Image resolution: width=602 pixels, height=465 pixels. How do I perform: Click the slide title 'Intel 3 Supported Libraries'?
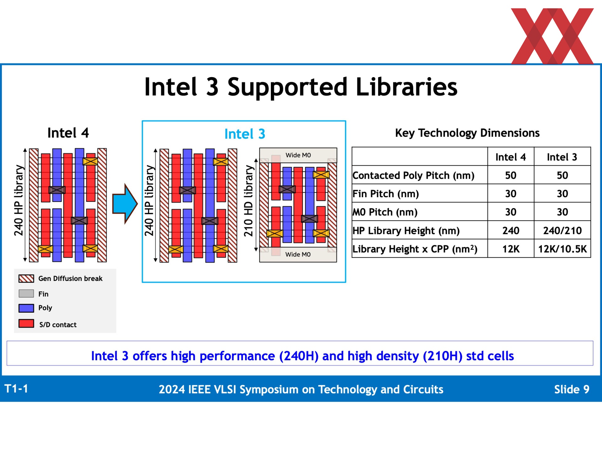click(x=301, y=87)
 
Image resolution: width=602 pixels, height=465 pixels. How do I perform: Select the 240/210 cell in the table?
click(x=562, y=231)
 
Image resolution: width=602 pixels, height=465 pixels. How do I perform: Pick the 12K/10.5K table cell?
click(x=562, y=249)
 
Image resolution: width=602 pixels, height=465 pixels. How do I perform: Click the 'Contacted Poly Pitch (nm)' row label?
click(x=413, y=176)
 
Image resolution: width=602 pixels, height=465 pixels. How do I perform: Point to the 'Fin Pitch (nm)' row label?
click(x=386, y=194)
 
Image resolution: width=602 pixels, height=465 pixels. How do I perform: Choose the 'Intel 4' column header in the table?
click(x=510, y=157)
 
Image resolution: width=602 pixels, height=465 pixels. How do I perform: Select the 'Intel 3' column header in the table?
click(x=562, y=157)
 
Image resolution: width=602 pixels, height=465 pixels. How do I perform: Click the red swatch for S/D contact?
click(x=26, y=323)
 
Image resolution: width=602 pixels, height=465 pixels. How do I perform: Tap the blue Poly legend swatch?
click(x=26, y=308)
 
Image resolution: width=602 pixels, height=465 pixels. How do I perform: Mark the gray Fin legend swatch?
click(x=26, y=293)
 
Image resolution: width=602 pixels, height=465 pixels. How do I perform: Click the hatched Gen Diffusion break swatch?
click(x=26, y=278)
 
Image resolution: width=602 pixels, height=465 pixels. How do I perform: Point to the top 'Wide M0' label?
click(x=298, y=155)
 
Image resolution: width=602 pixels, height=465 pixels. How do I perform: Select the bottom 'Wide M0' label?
click(x=298, y=254)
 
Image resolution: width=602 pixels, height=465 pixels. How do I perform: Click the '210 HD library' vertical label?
click(x=248, y=201)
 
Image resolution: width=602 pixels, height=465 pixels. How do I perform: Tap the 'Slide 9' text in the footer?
click(x=572, y=389)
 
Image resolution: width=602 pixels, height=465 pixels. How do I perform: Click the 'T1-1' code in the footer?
click(x=16, y=389)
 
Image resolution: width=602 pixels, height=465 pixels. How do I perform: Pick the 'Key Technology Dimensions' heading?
click(x=467, y=133)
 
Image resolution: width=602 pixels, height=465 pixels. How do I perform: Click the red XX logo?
click(x=552, y=36)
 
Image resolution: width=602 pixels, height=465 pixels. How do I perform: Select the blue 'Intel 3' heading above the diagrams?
click(x=245, y=134)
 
